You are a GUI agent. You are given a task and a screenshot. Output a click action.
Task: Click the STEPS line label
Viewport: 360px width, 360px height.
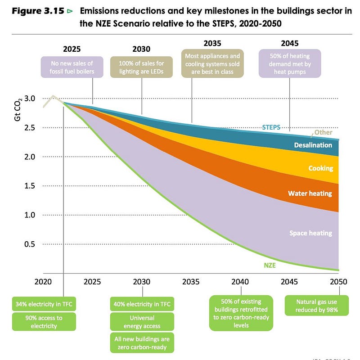pyautogui.click(x=271, y=127)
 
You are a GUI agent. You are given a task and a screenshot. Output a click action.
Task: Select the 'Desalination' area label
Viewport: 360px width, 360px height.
pyautogui.click(x=313, y=145)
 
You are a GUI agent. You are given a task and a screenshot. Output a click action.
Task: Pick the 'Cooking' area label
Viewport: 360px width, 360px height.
pyautogui.click(x=320, y=168)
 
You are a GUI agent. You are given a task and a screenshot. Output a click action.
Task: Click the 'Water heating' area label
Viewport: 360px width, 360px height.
pyautogui.click(x=310, y=193)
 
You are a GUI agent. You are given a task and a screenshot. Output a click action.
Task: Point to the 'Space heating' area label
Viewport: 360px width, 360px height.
pyautogui.click(x=310, y=233)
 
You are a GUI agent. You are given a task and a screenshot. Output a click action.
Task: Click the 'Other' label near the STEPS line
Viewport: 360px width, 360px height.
pyautogui.click(x=323, y=133)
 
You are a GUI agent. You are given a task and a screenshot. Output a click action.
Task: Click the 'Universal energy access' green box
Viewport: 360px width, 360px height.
pyautogui.click(x=142, y=322)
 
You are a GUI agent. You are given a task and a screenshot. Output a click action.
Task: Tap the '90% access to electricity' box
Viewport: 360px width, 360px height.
pyautogui.click(x=43, y=322)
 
